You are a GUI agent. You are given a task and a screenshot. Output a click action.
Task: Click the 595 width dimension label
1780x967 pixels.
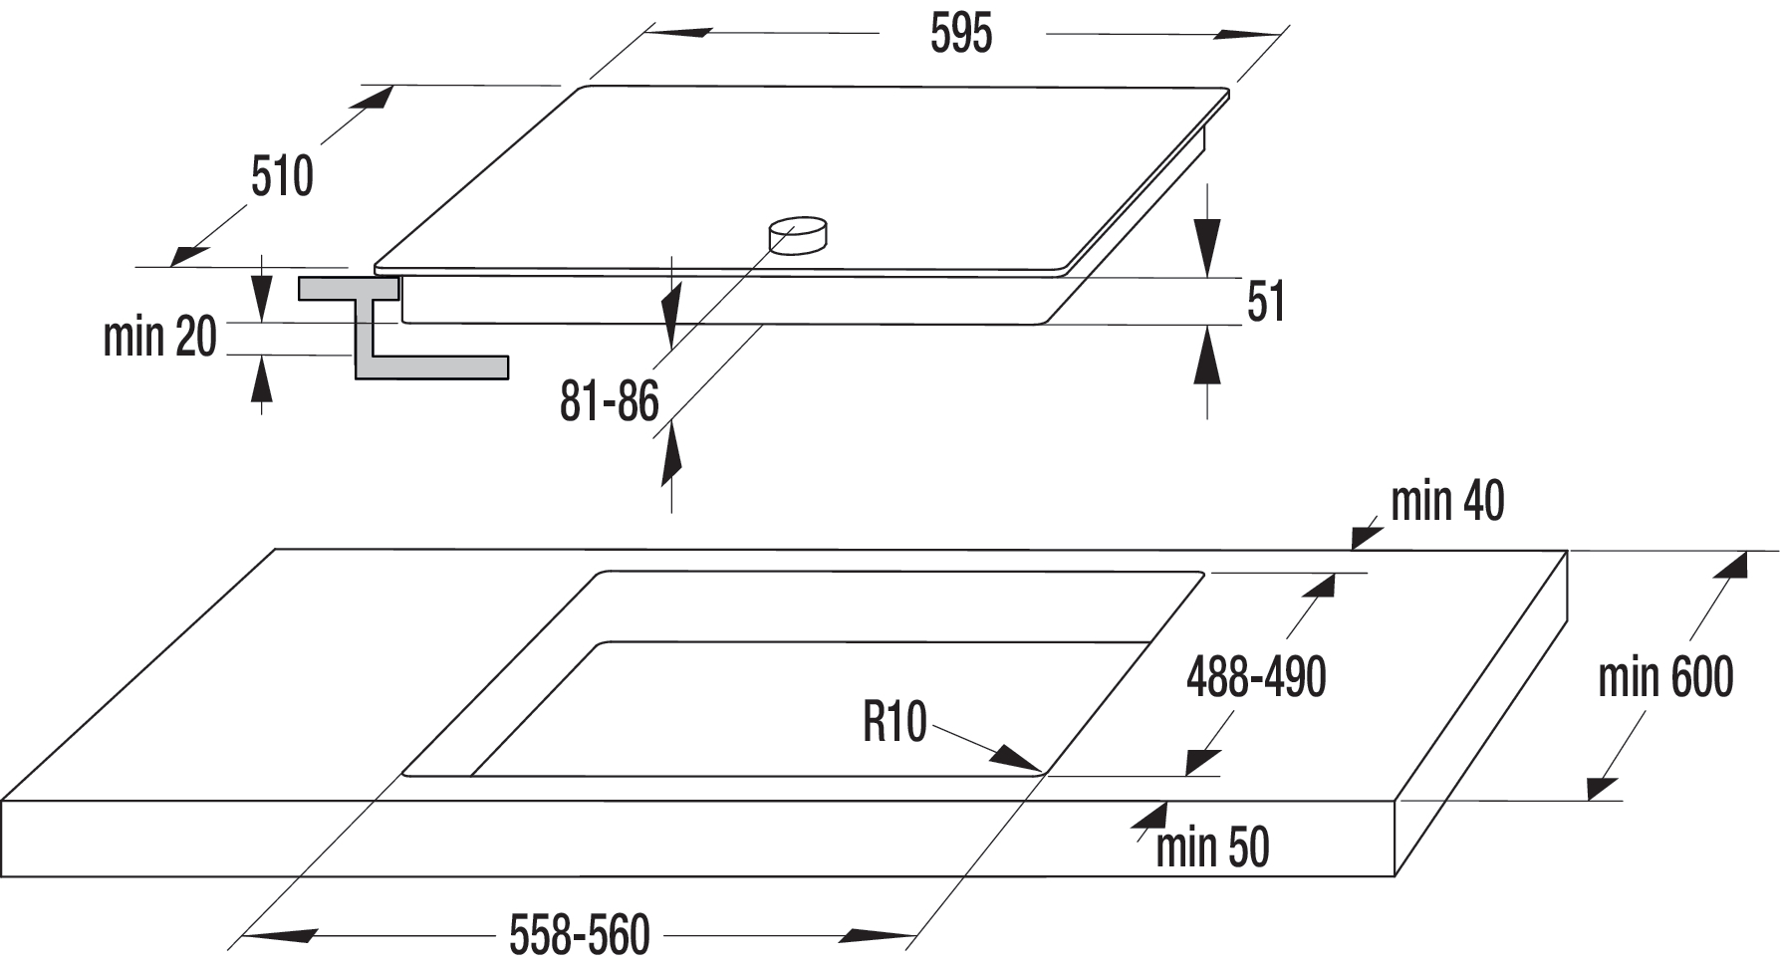[x=961, y=34]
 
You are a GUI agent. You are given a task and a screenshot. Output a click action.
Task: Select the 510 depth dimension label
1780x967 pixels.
[x=282, y=176]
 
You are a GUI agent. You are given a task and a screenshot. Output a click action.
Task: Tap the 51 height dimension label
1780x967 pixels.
[x=1266, y=301]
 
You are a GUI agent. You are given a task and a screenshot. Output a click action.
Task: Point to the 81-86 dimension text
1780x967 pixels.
[x=610, y=401]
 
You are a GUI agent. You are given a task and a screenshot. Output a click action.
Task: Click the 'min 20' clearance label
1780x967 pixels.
[x=160, y=337]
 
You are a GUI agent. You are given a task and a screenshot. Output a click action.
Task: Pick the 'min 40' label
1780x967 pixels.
[x=1447, y=501]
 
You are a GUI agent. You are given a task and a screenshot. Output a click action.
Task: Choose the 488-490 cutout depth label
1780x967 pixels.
[x=1256, y=677]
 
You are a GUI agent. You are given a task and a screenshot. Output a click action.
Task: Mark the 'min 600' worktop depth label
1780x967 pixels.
[x=1665, y=677]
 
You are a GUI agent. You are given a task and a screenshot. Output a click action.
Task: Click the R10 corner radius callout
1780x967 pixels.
[x=894, y=721]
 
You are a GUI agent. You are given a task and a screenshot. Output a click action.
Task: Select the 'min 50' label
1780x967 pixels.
[x=1212, y=847]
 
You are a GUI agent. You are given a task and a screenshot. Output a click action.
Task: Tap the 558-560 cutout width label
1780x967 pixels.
[x=580, y=935]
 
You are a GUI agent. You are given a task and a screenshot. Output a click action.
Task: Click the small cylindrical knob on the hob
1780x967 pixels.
[x=798, y=235]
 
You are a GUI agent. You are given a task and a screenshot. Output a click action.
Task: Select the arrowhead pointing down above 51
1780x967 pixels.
[x=1207, y=246]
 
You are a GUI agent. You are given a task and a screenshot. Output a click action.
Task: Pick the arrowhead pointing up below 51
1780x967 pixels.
[x=1207, y=355]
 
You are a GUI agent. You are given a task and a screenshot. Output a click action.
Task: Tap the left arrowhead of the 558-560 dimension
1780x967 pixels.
[x=278, y=936]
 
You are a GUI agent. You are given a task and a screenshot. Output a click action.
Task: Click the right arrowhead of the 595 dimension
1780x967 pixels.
[x=1247, y=35]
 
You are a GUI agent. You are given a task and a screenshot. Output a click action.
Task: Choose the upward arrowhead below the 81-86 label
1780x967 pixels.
[x=671, y=452]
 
